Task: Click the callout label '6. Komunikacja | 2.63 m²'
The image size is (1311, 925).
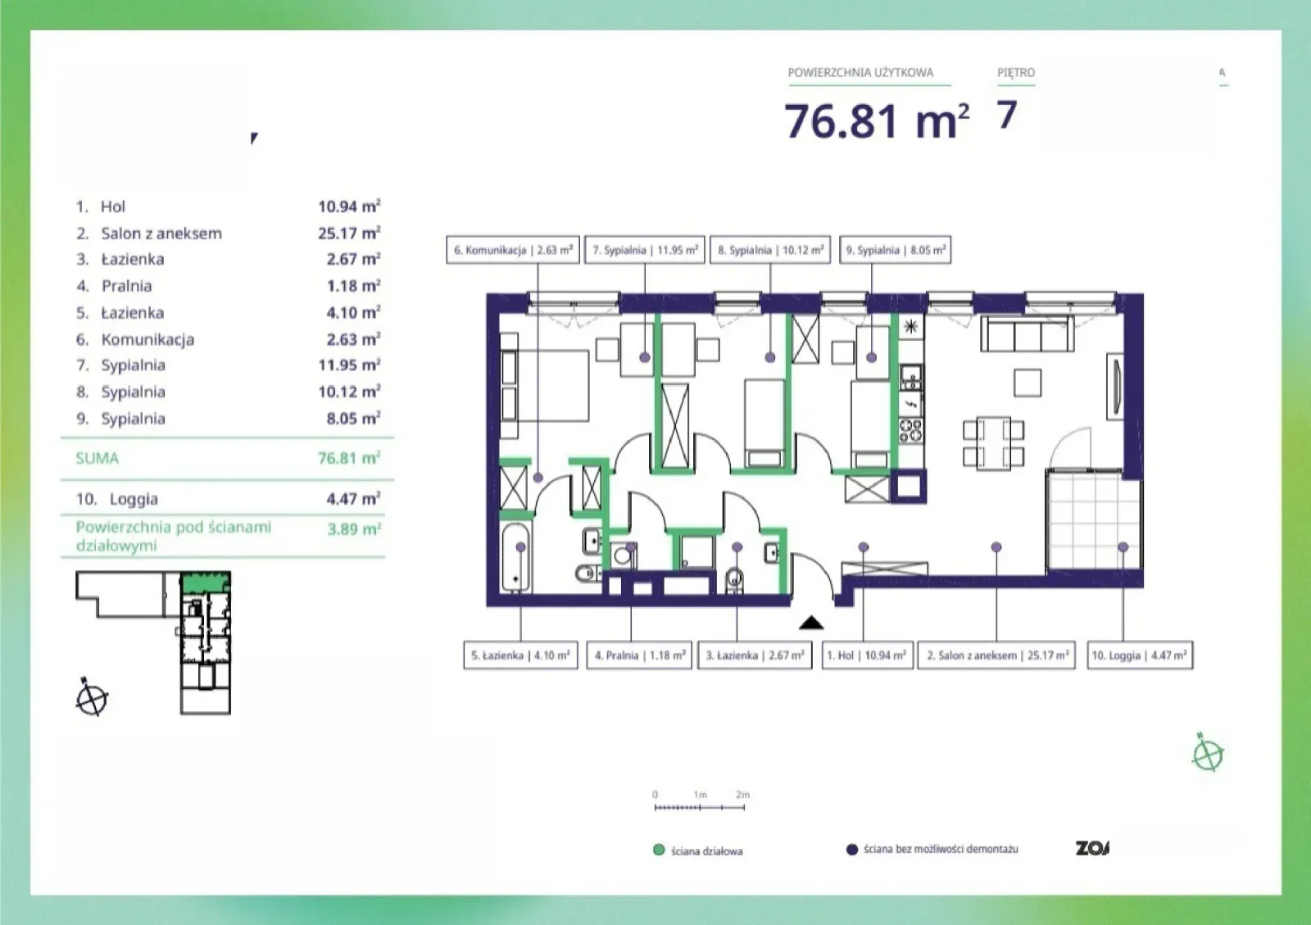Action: click(x=513, y=250)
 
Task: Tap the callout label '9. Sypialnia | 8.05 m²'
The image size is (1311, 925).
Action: click(x=895, y=250)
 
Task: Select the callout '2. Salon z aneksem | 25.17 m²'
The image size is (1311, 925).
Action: click(x=996, y=655)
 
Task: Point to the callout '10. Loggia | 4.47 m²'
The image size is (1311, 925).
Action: click(x=1140, y=655)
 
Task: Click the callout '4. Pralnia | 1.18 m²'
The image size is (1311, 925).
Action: click(x=639, y=655)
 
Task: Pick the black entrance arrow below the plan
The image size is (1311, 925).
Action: click(x=811, y=623)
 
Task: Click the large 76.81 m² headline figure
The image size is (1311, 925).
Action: click(x=876, y=121)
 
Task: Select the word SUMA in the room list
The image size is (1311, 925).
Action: click(x=98, y=458)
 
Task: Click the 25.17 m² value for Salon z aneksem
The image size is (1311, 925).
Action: click(x=349, y=233)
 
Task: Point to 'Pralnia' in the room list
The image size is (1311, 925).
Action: click(x=126, y=285)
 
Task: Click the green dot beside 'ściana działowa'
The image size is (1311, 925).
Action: click(x=659, y=850)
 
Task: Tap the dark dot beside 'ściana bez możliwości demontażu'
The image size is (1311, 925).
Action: click(x=852, y=849)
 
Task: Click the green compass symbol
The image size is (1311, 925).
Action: click(x=1208, y=753)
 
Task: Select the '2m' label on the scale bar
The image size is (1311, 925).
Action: click(x=742, y=795)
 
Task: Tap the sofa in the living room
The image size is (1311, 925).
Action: click(x=1027, y=333)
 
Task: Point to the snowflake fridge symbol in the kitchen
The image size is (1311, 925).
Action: click(x=910, y=326)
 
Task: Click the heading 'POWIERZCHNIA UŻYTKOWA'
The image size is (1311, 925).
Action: click(x=860, y=73)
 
